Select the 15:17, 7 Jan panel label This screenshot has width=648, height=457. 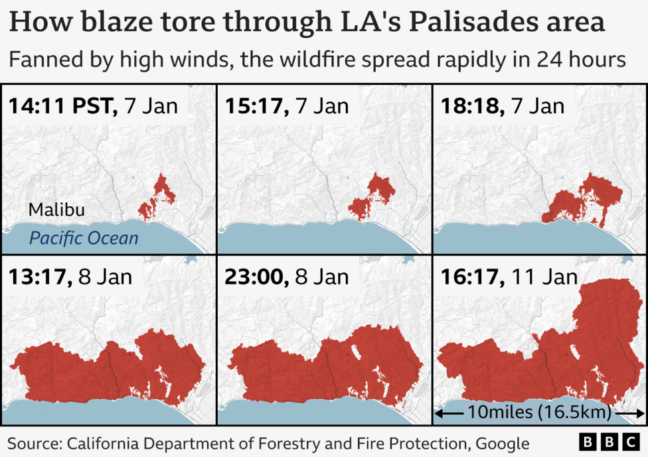pos(287,105)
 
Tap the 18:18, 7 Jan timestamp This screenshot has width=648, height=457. pos(503,105)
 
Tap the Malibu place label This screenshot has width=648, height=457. pos(56,210)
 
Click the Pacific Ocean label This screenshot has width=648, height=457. pos(84,237)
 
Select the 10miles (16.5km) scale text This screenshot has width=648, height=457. pos(538,412)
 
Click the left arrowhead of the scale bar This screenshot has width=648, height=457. pos(440,413)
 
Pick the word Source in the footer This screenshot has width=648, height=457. pos(33,443)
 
